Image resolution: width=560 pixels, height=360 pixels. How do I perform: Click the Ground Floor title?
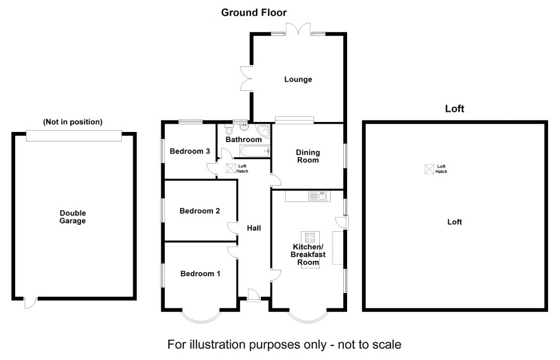(253, 12)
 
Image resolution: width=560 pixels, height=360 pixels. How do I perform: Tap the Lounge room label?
(298, 80)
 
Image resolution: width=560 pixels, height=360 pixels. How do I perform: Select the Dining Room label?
(308, 156)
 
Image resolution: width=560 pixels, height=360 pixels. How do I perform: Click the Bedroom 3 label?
(190, 152)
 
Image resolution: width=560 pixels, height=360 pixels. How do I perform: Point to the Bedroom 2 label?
(200, 211)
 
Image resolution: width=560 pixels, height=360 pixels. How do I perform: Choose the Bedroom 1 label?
(200, 273)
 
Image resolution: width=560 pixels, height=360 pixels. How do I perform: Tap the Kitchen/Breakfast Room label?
(308, 250)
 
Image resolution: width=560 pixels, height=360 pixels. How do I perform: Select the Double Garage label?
(73, 217)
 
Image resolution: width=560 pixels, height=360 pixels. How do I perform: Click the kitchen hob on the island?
(310, 238)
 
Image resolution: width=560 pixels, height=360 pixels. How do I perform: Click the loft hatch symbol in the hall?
(231, 169)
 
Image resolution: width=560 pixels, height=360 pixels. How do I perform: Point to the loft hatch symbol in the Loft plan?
(430, 169)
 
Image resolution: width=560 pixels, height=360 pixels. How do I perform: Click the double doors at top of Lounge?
(298, 28)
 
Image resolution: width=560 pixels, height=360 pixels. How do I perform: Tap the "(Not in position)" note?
(73, 122)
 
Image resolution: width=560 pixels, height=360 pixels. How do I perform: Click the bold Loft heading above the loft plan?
(454, 109)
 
